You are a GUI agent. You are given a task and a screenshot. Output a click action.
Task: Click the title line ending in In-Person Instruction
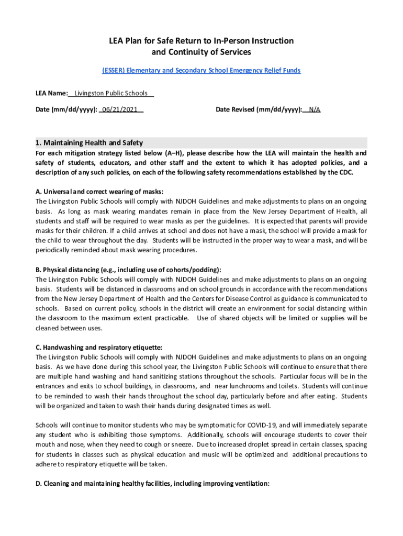(x=201, y=41)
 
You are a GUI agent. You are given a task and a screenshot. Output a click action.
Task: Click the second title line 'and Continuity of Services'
(x=201, y=52)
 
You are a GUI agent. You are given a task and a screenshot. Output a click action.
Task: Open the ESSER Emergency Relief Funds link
(x=201, y=70)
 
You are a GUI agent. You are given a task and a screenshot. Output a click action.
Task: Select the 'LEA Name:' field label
(x=51, y=93)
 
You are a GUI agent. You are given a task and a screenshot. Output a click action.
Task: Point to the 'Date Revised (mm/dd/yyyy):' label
(x=259, y=109)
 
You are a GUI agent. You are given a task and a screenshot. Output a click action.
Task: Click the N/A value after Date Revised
(x=315, y=109)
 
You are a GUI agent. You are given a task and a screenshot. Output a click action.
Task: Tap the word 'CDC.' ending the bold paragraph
(x=345, y=172)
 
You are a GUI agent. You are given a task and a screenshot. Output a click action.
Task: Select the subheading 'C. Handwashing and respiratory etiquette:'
(x=99, y=347)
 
